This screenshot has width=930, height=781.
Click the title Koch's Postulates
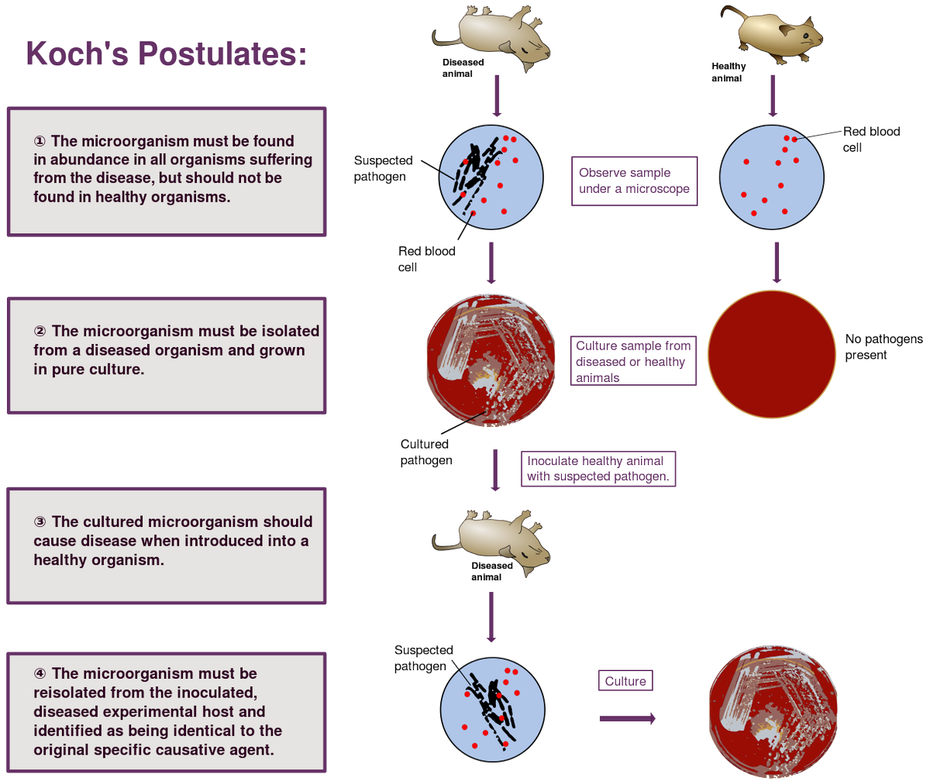point(166,54)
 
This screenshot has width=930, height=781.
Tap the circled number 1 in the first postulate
point(40,141)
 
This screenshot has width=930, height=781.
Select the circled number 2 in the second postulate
point(40,332)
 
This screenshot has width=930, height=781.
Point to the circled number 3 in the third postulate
point(40,521)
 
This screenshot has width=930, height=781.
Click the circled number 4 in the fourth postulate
point(40,673)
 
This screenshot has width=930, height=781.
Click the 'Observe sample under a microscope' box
point(634,181)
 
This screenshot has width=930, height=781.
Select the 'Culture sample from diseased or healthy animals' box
point(633,360)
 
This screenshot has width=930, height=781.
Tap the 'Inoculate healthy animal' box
point(598,469)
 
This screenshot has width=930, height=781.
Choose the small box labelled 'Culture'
point(625,681)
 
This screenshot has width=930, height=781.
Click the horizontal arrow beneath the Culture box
point(628,719)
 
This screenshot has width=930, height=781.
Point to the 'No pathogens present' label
point(883,347)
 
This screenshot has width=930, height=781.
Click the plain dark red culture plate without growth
point(772,354)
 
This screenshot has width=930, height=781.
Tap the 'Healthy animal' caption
point(728,72)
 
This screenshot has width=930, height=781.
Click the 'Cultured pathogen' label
point(425,452)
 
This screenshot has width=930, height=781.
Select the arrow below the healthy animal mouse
point(773,96)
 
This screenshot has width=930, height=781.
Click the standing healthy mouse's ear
point(786,29)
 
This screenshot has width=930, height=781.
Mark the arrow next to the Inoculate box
point(495,470)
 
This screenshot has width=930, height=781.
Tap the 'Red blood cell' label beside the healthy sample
point(871,139)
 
